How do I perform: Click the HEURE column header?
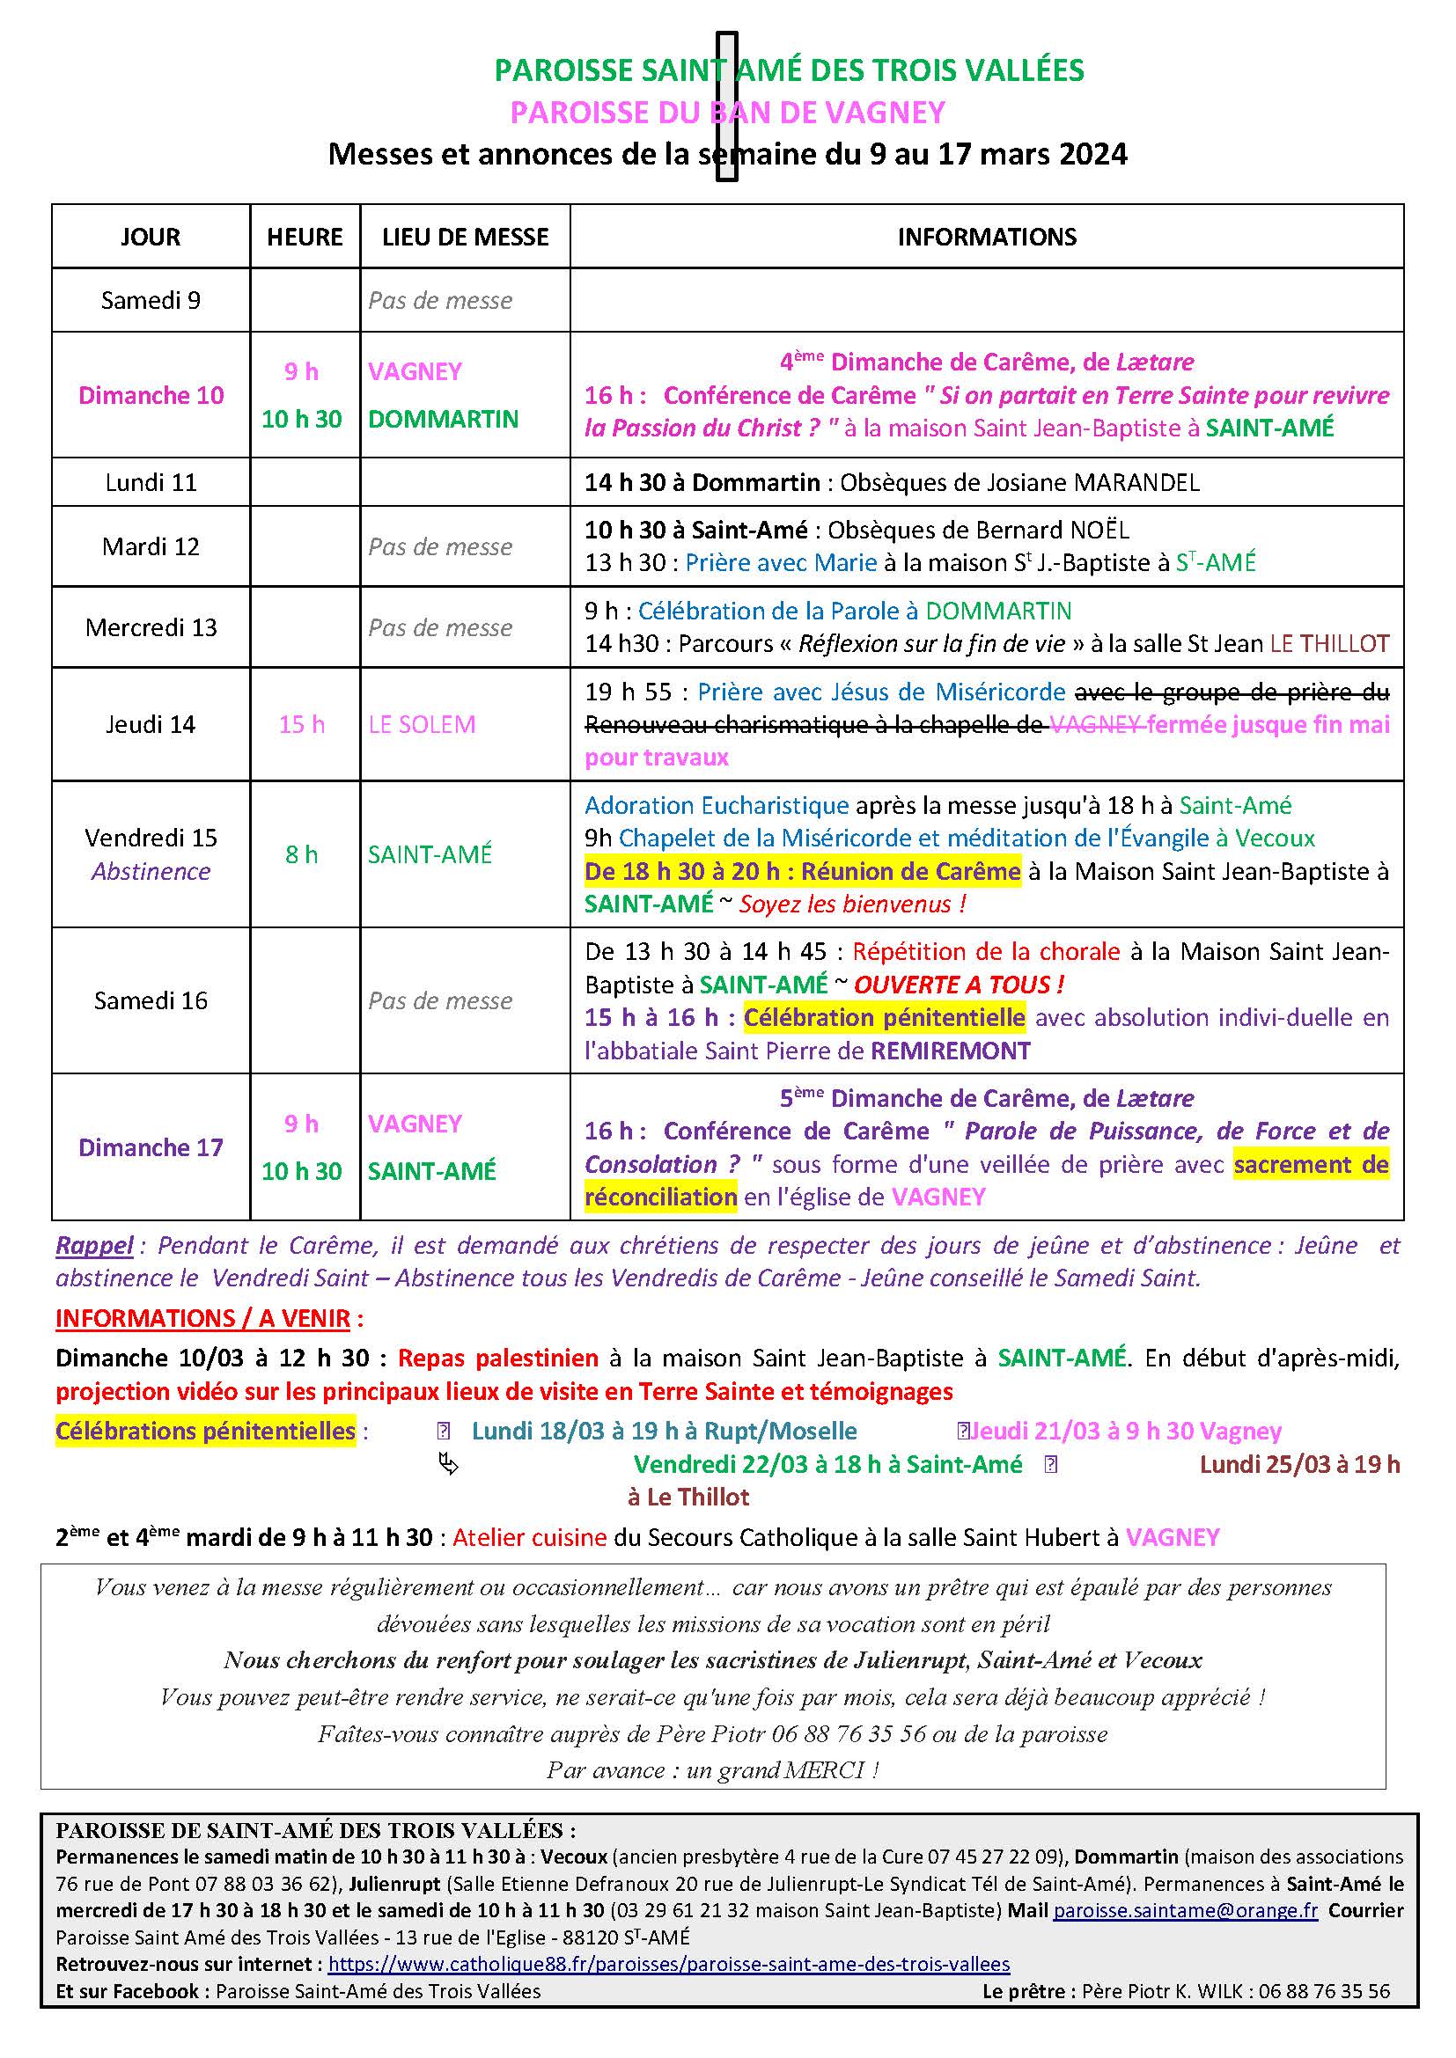[305, 237]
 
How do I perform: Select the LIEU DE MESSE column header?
[466, 237]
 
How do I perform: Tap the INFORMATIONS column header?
[986, 237]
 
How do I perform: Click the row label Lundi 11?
[151, 482]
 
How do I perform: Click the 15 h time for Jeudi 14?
[301, 724]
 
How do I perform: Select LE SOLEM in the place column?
[422, 724]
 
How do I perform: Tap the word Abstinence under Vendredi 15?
[151, 871]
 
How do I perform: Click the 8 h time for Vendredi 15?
[301, 854]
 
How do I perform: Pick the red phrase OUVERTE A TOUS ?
[959, 985]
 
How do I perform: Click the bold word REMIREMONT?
[951, 1051]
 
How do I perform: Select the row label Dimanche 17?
[151, 1147]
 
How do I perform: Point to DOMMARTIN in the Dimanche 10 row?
[443, 419]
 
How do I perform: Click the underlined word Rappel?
[94, 1245]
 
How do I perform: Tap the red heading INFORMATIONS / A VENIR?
[203, 1319]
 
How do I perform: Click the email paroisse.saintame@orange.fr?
[1185, 1910]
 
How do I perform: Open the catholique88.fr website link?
[669, 1964]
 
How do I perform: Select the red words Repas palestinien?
[497, 1358]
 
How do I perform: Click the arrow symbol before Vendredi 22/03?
[448, 1464]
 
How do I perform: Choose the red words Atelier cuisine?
[530, 1537]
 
